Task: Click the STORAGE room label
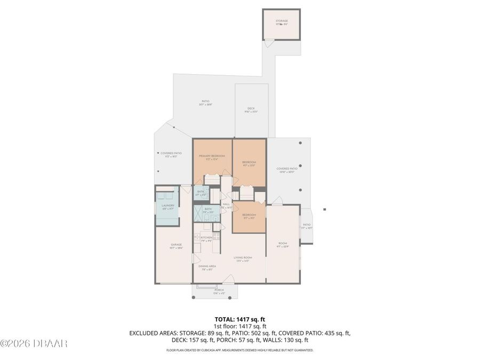pyautogui.click(x=282, y=21)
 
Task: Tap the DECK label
pyautogui.click(x=251, y=108)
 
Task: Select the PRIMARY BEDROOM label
pyautogui.click(x=212, y=156)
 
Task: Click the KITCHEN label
pyautogui.click(x=206, y=237)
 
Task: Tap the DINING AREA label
pyautogui.click(x=206, y=266)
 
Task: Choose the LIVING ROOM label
pyautogui.click(x=243, y=258)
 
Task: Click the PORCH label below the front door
pyautogui.click(x=219, y=290)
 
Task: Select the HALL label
pyautogui.click(x=226, y=204)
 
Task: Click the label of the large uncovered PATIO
pyautogui.click(x=205, y=101)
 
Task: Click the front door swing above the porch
pyautogui.click(x=228, y=279)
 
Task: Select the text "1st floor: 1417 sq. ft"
pyautogui.click(x=239, y=326)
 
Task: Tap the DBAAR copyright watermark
pyautogui.click(x=34, y=343)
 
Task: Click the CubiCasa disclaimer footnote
pyautogui.click(x=239, y=350)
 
